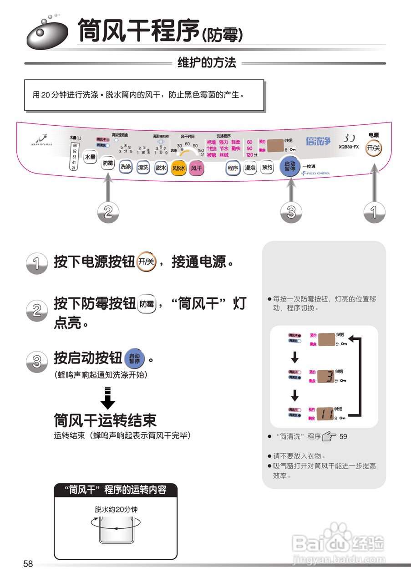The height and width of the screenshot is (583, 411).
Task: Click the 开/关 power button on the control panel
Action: (x=374, y=148)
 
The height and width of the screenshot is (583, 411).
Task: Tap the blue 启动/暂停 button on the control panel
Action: (x=289, y=166)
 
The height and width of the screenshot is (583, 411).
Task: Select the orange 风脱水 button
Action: (x=178, y=168)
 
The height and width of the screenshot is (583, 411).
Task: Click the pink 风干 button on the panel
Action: (x=197, y=168)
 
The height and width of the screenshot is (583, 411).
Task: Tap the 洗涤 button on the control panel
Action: (x=125, y=167)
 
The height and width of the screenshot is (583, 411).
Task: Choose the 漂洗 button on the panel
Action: (x=143, y=167)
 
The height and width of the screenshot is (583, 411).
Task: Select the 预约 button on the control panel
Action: (x=268, y=167)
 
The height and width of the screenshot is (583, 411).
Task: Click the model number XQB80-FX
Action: (x=349, y=147)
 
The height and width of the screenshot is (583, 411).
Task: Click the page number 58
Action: (x=28, y=564)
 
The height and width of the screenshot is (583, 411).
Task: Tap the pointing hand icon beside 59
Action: (x=329, y=436)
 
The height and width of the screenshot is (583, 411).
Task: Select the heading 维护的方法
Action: (x=207, y=63)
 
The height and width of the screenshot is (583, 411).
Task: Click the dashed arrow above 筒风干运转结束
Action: (x=108, y=398)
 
